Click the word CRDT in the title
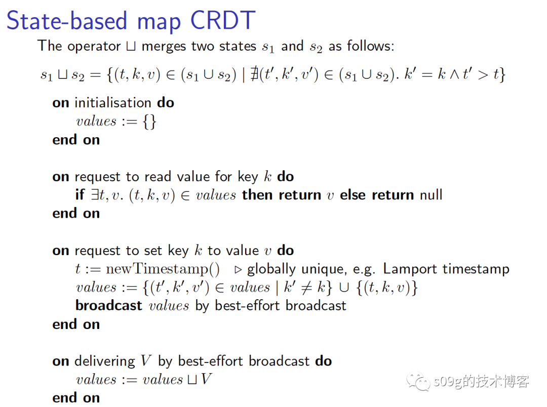(x=223, y=20)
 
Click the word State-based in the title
(x=67, y=20)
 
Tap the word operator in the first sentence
(x=94, y=47)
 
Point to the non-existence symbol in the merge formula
(x=254, y=74)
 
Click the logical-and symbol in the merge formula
(x=454, y=74)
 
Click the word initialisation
(x=113, y=103)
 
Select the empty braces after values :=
(x=149, y=121)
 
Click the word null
(x=431, y=195)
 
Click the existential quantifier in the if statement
(x=95, y=195)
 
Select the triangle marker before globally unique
(x=238, y=270)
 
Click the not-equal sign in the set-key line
(x=306, y=288)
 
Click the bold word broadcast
(x=109, y=306)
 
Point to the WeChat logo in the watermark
(x=418, y=382)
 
